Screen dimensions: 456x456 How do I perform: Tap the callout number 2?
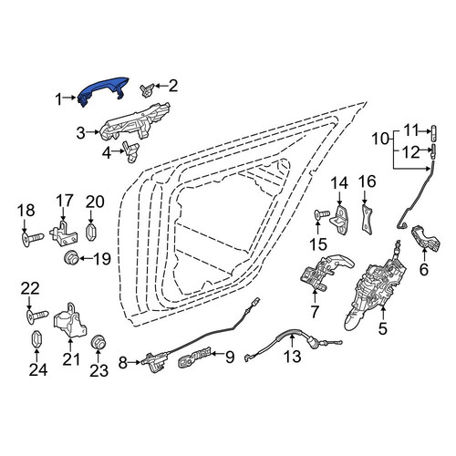[x=173, y=87]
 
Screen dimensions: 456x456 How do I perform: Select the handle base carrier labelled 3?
[x=134, y=123]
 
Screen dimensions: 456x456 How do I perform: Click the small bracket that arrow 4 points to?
[x=130, y=151]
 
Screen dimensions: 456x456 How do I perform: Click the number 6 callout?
[x=423, y=269]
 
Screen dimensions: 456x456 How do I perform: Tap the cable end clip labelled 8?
[x=155, y=361]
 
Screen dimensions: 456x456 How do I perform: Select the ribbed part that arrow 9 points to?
[x=194, y=358]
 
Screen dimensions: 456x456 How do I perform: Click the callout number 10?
[x=380, y=139]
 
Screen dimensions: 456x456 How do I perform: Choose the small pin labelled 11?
[x=434, y=132]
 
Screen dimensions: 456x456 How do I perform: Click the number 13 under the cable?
[x=292, y=357]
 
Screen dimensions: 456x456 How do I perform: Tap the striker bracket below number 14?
[x=339, y=220]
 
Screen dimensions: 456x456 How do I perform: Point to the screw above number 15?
[x=321, y=214]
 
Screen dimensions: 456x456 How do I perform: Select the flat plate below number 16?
[x=368, y=219]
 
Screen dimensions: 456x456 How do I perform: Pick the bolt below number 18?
[x=32, y=238]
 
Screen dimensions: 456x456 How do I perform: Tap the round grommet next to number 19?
[x=71, y=258]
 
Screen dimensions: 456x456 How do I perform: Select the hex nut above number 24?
[x=37, y=338]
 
